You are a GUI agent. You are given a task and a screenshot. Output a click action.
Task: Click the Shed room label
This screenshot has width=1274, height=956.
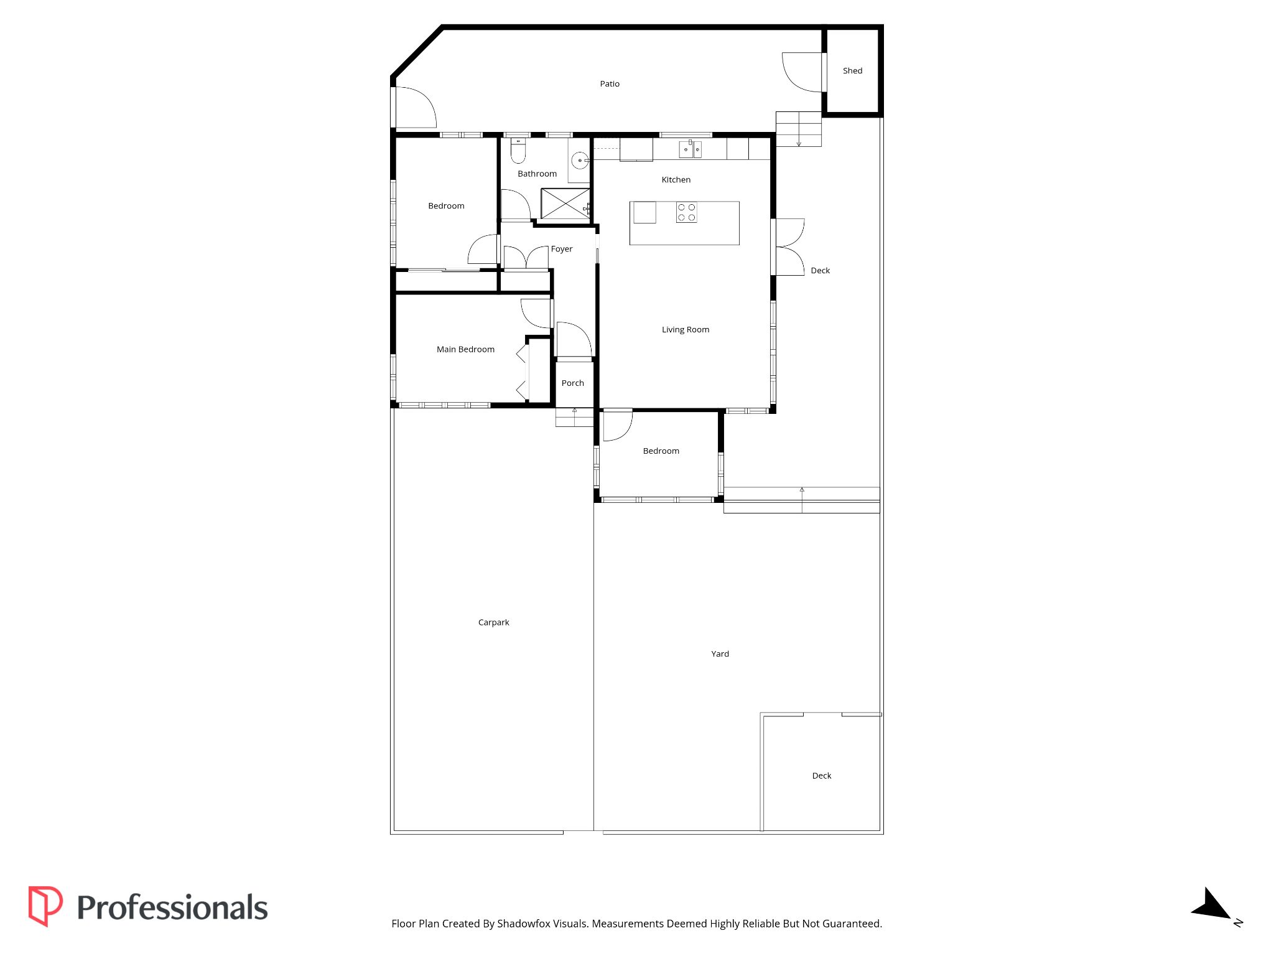[x=852, y=71]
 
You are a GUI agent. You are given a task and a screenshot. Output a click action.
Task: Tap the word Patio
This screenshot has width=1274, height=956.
[x=610, y=84]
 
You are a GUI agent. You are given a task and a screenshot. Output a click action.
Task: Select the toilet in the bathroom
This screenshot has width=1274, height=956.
[x=518, y=151]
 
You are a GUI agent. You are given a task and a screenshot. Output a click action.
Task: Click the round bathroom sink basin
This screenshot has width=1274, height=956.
[x=580, y=161]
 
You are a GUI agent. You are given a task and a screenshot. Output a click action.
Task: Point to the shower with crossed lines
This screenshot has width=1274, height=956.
[x=565, y=204]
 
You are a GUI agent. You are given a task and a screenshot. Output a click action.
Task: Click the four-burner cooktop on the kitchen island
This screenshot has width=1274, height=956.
[x=687, y=212]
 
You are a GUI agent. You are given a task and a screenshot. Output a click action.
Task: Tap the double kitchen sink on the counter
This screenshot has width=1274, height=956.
[x=690, y=149]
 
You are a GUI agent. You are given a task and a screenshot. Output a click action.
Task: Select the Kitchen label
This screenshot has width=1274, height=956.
[x=676, y=180]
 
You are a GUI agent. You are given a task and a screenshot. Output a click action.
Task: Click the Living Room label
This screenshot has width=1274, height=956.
[x=686, y=330]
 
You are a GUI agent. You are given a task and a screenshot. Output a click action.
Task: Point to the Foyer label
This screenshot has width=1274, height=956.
[x=562, y=249]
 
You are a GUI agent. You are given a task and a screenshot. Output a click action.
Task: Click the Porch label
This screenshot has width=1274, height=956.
[x=573, y=383]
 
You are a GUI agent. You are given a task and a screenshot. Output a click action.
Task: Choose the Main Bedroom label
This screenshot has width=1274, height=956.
[x=465, y=350]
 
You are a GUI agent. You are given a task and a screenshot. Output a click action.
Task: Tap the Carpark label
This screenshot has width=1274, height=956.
[x=493, y=622]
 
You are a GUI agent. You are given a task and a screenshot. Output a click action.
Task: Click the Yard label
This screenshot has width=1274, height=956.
[x=720, y=654]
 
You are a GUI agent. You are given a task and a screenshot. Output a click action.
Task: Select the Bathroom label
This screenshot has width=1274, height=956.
[x=537, y=174]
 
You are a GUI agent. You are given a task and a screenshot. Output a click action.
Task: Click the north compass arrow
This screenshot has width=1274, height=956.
[x=1211, y=905]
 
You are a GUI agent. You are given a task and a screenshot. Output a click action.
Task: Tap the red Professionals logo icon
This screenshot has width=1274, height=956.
[x=45, y=906]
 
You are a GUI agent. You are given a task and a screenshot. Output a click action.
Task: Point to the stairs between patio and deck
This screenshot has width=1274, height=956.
[x=799, y=129]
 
